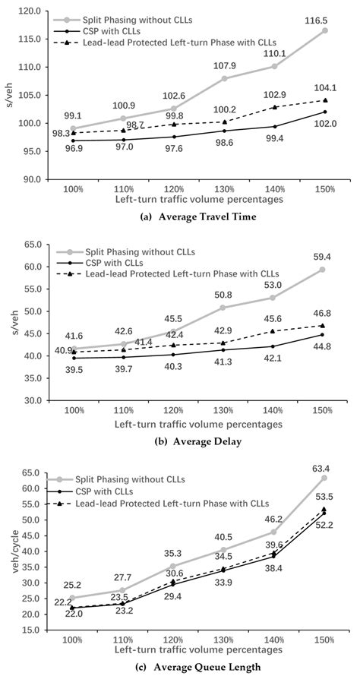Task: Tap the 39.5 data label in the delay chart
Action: [x=74, y=370]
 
